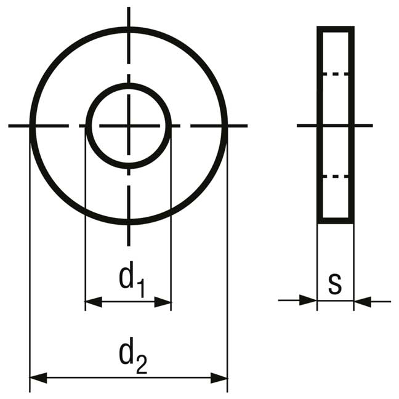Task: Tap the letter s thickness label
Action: click(334, 284)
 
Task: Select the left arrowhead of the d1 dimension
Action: click(94, 302)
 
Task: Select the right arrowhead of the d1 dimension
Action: click(163, 302)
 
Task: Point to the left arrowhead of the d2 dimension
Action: click(38, 378)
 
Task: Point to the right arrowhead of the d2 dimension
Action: click(219, 378)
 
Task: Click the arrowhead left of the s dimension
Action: click(308, 300)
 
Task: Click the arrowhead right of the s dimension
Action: click(362, 302)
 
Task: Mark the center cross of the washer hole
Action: click(129, 126)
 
